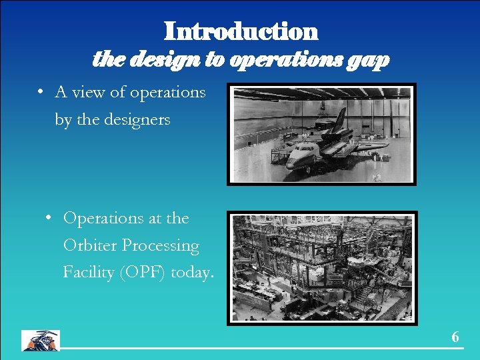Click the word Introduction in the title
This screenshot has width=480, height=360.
(x=241, y=31)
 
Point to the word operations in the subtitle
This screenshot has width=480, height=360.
(x=285, y=60)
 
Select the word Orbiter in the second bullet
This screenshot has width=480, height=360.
(x=89, y=245)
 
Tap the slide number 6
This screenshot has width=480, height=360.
(x=455, y=337)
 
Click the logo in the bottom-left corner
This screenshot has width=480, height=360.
(x=41, y=340)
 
